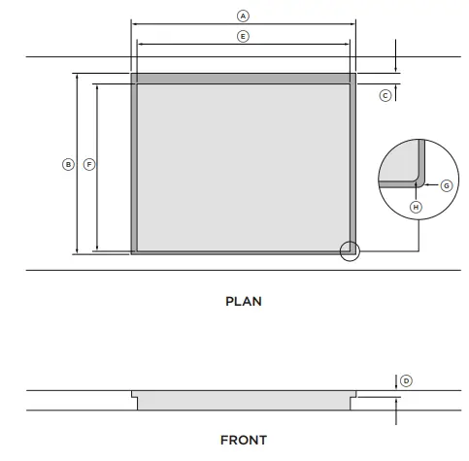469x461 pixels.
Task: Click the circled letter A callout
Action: [x=243, y=16]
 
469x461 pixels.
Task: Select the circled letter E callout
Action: [x=243, y=36]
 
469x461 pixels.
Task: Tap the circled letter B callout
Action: [x=68, y=164]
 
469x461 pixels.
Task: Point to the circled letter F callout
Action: [x=88, y=164]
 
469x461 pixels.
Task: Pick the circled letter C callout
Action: [x=385, y=95]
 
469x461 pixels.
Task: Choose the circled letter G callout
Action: [x=447, y=184]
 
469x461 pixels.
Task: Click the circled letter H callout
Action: [x=416, y=207]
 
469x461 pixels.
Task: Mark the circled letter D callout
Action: [x=406, y=380]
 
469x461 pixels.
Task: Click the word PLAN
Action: [x=243, y=301]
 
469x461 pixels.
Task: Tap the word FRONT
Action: [x=243, y=441]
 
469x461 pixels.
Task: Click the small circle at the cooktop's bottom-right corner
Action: [x=350, y=251]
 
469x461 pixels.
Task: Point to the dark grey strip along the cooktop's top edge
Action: [x=243, y=78]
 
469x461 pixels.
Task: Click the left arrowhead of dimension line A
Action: [x=134, y=23]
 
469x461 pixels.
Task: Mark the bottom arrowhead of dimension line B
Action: [x=77, y=251]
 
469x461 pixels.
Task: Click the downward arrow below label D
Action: [x=397, y=385]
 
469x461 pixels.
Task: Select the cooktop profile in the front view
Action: [x=243, y=400]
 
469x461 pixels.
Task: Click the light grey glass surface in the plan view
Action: [x=243, y=165]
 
